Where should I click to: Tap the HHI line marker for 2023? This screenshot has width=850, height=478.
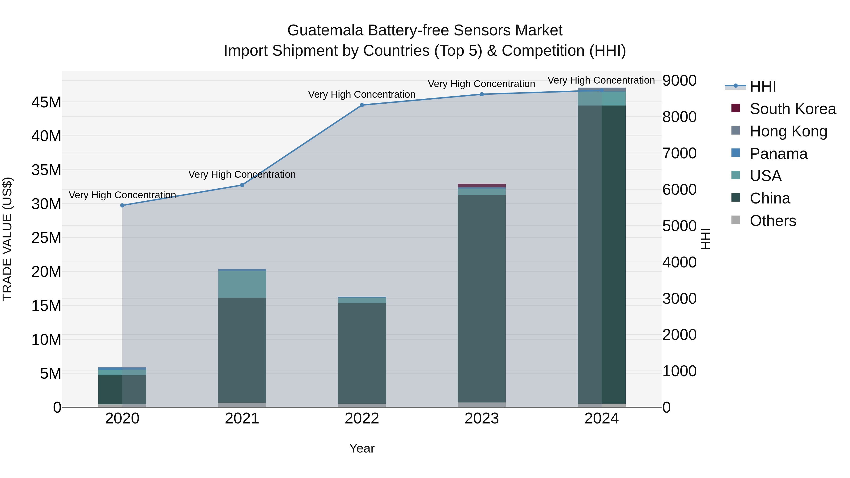click(481, 94)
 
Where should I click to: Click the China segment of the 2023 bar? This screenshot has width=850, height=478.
click(481, 297)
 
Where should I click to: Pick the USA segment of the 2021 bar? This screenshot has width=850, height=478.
click(242, 284)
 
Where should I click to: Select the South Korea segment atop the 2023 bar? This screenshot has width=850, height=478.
click(481, 185)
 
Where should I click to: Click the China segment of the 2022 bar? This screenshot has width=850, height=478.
click(362, 353)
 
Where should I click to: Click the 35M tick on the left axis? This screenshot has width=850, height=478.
click(46, 170)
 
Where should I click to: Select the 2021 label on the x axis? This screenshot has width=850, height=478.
click(242, 419)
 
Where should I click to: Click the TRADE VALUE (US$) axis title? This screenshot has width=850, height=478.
click(7, 239)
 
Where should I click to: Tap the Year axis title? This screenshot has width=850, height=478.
click(362, 448)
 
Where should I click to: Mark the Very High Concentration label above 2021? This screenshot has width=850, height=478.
click(242, 174)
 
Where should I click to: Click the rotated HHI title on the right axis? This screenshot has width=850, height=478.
click(705, 239)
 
